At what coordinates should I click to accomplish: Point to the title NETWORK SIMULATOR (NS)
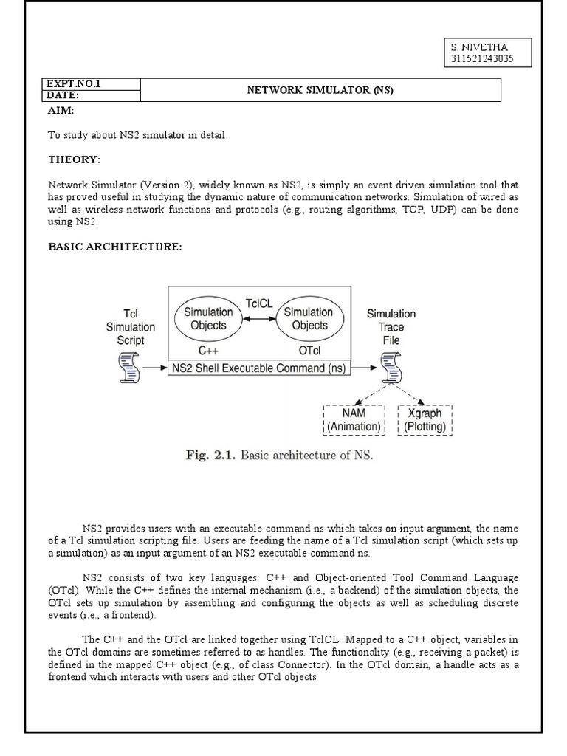point(320,90)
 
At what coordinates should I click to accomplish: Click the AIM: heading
point(61,110)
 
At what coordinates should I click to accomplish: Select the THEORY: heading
point(74,159)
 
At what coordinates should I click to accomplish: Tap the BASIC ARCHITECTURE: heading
point(114,247)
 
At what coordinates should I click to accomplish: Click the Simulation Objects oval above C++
point(207,318)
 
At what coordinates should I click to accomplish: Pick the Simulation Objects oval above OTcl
point(308,318)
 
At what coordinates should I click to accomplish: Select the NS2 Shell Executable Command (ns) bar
point(260,368)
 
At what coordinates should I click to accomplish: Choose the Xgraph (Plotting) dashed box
point(425,420)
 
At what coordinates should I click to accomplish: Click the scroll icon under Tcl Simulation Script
point(130,368)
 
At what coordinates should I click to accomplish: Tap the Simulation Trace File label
point(391,327)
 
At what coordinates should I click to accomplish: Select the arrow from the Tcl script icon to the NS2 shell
point(154,368)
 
